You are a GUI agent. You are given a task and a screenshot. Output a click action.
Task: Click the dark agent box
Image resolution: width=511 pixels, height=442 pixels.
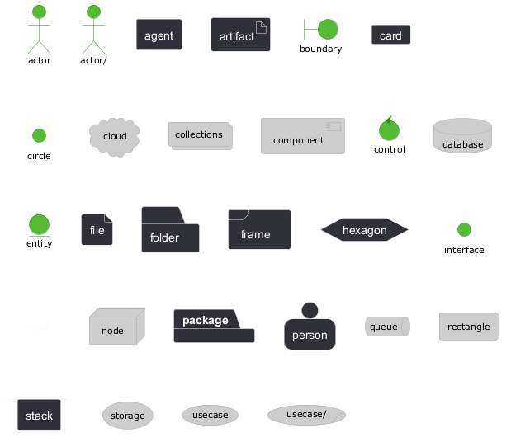pos(159,35)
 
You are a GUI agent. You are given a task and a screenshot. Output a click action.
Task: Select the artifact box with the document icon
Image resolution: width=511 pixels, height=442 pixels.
pos(240,35)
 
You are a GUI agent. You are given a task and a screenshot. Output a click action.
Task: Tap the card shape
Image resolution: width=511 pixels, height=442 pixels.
pos(391,35)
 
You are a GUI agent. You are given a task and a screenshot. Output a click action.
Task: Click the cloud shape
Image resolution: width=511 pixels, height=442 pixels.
pos(115,136)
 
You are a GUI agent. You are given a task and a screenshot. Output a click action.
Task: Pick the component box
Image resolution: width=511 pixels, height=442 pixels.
pos(302,136)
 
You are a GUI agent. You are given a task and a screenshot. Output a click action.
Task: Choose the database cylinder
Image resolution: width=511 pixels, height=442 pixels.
pos(462,136)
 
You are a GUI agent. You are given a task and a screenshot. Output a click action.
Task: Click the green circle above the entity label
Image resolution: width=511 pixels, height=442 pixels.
pos(39,224)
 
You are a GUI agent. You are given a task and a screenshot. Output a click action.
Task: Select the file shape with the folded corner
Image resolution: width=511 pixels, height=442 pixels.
pos(97,230)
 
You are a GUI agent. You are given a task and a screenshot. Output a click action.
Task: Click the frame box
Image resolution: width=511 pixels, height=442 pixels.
pos(259,230)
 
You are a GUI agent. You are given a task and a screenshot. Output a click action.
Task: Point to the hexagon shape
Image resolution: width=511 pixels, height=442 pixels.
pos(365,231)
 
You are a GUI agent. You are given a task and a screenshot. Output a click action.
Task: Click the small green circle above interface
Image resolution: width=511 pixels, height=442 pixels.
pos(464,229)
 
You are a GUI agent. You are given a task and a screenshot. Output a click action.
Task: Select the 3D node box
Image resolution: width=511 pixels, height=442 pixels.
pos(116,327)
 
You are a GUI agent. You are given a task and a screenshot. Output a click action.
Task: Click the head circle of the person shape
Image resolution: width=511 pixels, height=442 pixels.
pos(310,310)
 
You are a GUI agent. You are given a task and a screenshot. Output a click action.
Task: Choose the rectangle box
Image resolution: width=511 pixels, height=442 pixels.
pos(469,327)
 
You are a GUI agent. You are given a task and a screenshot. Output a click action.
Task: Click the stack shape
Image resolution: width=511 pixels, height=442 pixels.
pos(39,415)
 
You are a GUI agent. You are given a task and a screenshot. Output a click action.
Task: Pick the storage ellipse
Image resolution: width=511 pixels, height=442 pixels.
pos(128,416)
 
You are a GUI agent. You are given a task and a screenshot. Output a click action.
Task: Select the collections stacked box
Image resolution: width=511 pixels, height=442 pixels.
pos(200,135)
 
